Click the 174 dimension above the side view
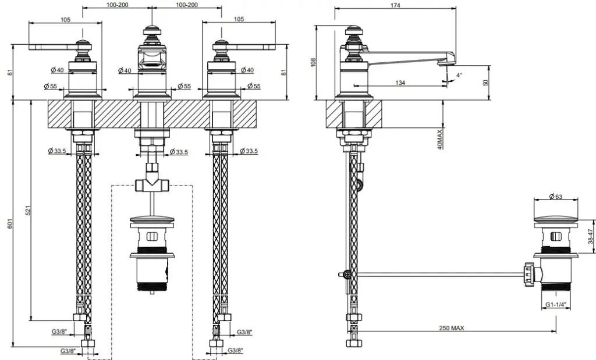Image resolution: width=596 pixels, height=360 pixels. click(395, 5)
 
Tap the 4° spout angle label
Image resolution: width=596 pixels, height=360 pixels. click(459, 75)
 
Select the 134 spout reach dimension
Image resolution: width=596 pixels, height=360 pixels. click(400, 83)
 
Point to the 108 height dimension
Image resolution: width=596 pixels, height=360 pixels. click(313, 62)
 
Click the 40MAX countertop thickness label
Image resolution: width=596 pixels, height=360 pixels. click(440, 140)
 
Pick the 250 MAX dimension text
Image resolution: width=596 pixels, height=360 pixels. click(452, 328)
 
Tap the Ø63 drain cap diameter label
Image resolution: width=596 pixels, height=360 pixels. click(555, 197)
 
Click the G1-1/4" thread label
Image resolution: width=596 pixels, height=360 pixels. click(556, 304)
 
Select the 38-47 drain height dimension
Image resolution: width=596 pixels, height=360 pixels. click(590, 236)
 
